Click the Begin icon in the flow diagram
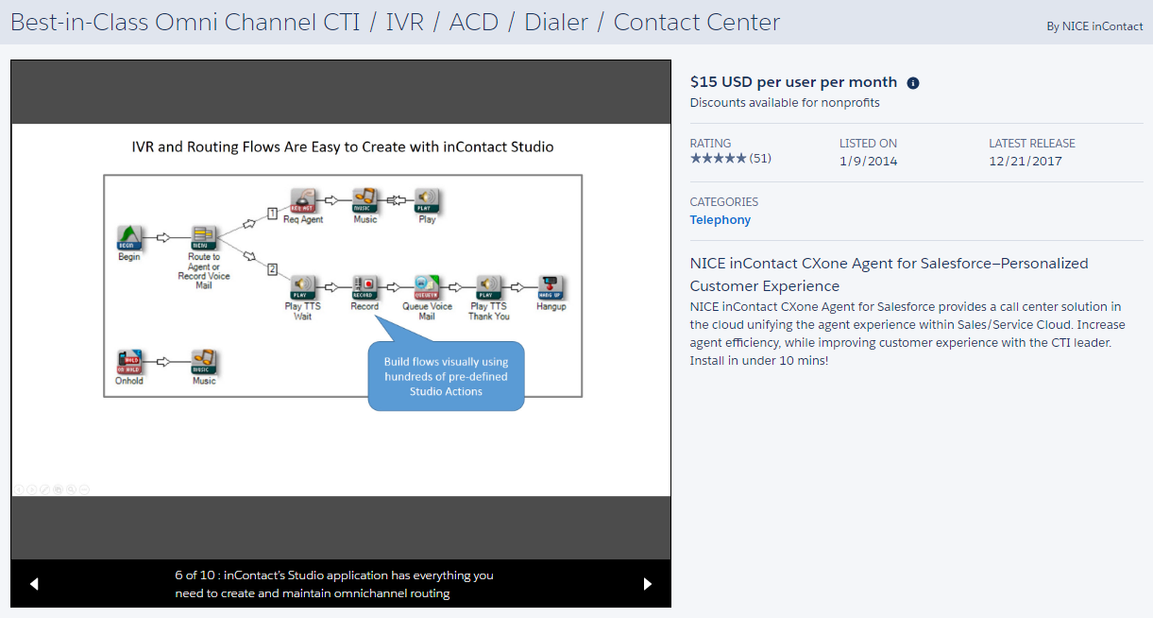129,237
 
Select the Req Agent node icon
302,200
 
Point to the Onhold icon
129,363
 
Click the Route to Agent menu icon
203,237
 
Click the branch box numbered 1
272,214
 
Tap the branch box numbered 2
272,269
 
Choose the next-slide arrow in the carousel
648,584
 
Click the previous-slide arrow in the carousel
34,584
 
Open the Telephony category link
721,220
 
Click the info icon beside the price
913,83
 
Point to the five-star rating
718,159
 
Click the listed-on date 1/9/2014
868,162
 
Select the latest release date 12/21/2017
1025,162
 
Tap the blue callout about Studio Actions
446,375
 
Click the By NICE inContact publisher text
1094,26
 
